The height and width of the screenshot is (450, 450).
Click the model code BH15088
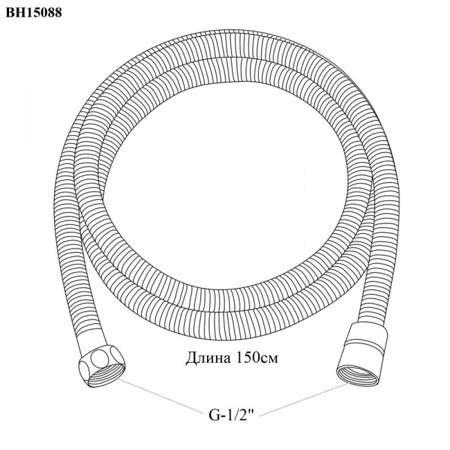point(34,12)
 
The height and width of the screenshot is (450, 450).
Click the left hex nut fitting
point(102,365)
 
